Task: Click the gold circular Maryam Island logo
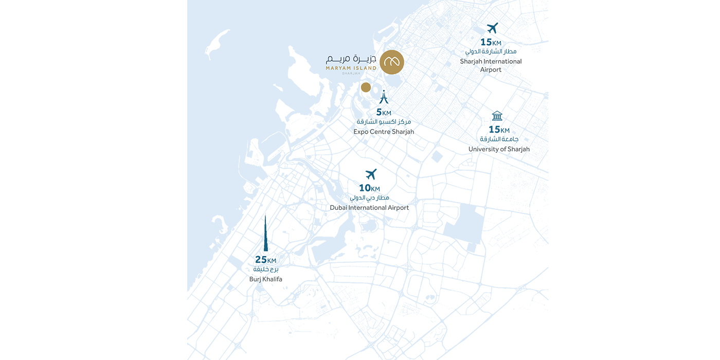point(392,62)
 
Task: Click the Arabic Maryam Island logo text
point(351,59)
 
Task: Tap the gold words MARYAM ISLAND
point(351,68)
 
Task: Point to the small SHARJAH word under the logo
point(351,73)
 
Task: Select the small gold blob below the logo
point(366,88)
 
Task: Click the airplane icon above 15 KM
point(492,28)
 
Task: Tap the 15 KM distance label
point(491,42)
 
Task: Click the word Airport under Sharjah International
point(490,69)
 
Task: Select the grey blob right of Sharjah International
point(524,62)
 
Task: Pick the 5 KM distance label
point(383,112)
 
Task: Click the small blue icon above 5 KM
point(383,97)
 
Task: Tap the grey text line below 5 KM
point(383,133)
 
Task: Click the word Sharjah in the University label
point(518,149)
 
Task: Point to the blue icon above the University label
point(495,123)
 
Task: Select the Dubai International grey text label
point(370,208)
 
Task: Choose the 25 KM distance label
point(265,260)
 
